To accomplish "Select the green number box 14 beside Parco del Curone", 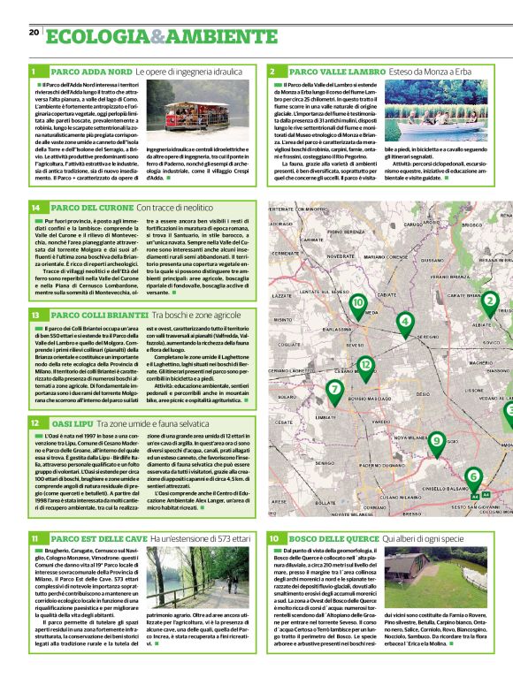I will click(x=35, y=208).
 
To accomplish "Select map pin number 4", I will click(x=405, y=322).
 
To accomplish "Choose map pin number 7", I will click(x=334, y=388).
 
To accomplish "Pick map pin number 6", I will click(x=472, y=476).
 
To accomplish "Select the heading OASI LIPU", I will click(x=73, y=423).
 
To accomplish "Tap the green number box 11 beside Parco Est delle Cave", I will click(x=35, y=536).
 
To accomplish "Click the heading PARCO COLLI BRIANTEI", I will click(x=99, y=316).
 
